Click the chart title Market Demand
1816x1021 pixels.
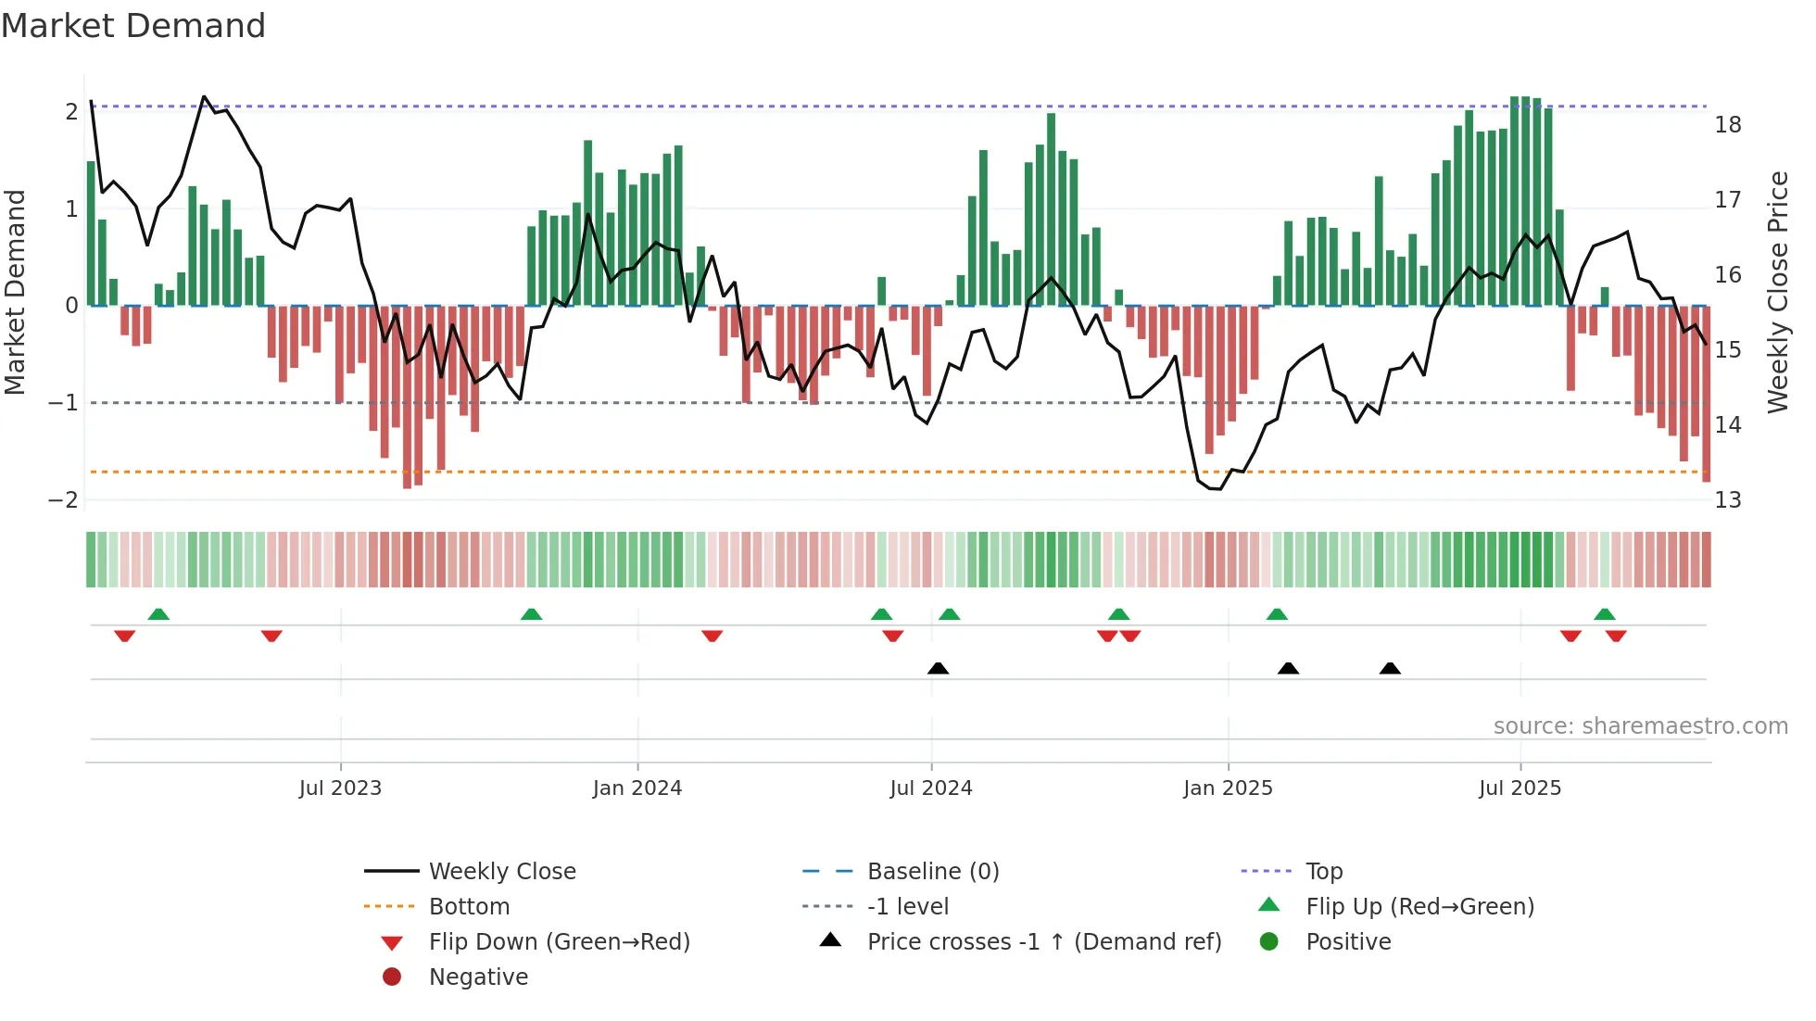(133, 26)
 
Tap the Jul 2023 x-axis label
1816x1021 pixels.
(340, 788)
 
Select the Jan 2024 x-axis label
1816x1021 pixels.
(637, 788)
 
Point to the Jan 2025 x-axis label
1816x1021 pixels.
(1228, 788)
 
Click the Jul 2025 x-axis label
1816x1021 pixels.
(1520, 788)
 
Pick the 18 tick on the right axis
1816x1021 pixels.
(1727, 125)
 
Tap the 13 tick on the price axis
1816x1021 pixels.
(1727, 500)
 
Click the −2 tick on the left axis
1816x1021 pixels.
(63, 500)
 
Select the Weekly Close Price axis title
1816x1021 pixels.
(1777, 292)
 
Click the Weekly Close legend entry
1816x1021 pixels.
(501, 872)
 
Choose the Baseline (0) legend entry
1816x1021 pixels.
(932, 872)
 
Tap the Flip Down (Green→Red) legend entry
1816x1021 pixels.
(559, 942)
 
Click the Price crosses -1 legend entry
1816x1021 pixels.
(1043, 942)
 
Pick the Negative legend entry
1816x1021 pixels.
(478, 977)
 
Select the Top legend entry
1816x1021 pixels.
(1323, 872)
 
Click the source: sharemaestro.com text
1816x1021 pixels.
(1640, 726)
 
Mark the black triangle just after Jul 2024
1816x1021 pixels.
(938, 668)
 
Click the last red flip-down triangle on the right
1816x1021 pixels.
(1616, 636)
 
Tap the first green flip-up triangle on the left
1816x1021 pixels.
(158, 614)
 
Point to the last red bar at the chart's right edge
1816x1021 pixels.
(1706, 394)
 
